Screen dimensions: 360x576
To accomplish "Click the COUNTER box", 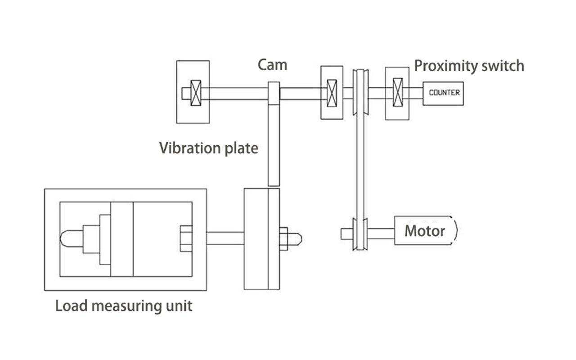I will pyautogui.click(x=443, y=93).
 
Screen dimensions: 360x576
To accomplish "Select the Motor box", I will pyautogui.click(x=425, y=231).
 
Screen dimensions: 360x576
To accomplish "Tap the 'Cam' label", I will pyautogui.click(x=272, y=65).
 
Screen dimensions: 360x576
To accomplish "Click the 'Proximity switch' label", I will pyautogui.click(x=469, y=66).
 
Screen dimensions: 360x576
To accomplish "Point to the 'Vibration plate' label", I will pyautogui.click(x=209, y=148).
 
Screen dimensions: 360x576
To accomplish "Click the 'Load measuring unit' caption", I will pyautogui.click(x=124, y=306).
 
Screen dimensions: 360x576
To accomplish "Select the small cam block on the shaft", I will pyautogui.click(x=274, y=93).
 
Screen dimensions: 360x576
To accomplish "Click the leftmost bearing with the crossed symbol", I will pyautogui.click(x=196, y=93).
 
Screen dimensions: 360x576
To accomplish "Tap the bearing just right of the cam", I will pyautogui.click(x=332, y=93).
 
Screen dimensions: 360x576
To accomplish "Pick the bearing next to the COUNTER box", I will pyautogui.click(x=397, y=93).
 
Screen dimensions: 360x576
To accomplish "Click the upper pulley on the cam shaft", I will pyautogui.click(x=359, y=93).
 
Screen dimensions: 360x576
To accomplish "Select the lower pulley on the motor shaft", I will pyautogui.click(x=359, y=234).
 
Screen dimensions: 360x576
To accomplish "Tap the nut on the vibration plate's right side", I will pyautogui.click(x=283, y=238).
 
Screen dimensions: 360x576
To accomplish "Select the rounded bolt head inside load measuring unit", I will pyautogui.click(x=71, y=238).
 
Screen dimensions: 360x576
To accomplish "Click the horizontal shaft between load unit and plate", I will pyautogui.click(x=225, y=238).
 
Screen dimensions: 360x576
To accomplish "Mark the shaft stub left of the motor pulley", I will pyautogui.click(x=346, y=234).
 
